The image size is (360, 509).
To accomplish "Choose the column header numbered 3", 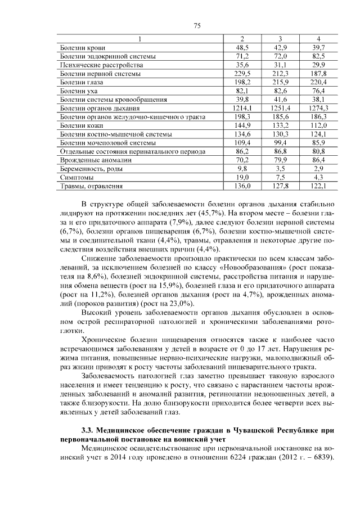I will [x=280, y=39].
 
